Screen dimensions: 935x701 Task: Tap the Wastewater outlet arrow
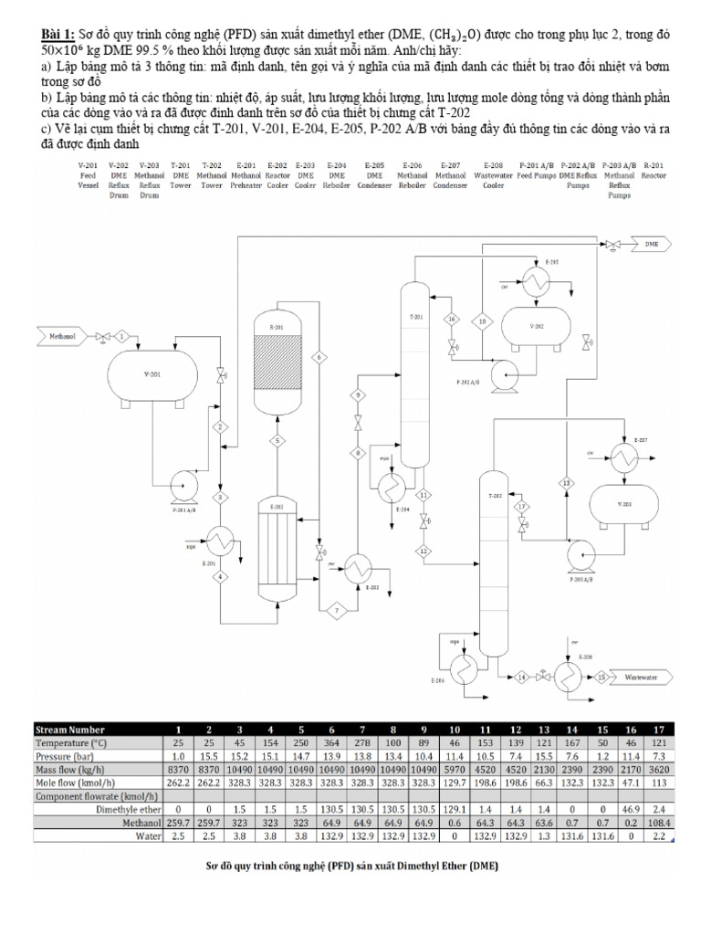pyautogui.click(x=649, y=678)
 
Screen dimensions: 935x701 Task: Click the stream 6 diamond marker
pyautogui.click(x=319, y=357)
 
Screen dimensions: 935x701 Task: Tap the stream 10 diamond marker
pyautogui.click(x=483, y=320)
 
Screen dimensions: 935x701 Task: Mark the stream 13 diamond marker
pyautogui.click(x=566, y=482)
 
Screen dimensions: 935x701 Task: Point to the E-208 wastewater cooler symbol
pyautogui.click(x=573, y=677)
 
